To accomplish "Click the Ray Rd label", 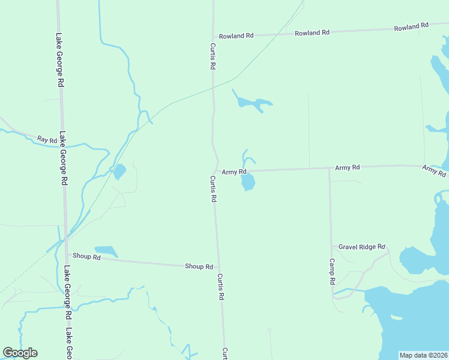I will (47, 140).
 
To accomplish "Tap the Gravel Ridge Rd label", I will (361, 247).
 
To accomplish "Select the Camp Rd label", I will (331, 271).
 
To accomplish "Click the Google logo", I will (20, 353).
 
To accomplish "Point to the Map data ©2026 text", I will (423, 355).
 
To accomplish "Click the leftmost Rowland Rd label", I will (236, 36).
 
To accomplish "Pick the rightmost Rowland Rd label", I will (411, 27).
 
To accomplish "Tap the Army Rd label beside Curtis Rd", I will (234, 172).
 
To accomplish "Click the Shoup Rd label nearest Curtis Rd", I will (199, 266).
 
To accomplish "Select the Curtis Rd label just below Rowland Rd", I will (212, 55).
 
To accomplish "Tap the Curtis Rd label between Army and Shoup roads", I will (213, 188).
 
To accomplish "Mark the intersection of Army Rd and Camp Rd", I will (329, 169).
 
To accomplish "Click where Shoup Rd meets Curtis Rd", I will (218, 268).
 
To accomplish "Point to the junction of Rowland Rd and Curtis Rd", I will (212, 37).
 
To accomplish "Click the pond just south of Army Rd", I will (248, 182).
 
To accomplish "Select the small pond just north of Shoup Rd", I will (106, 251).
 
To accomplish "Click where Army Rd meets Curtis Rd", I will (217, 172).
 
